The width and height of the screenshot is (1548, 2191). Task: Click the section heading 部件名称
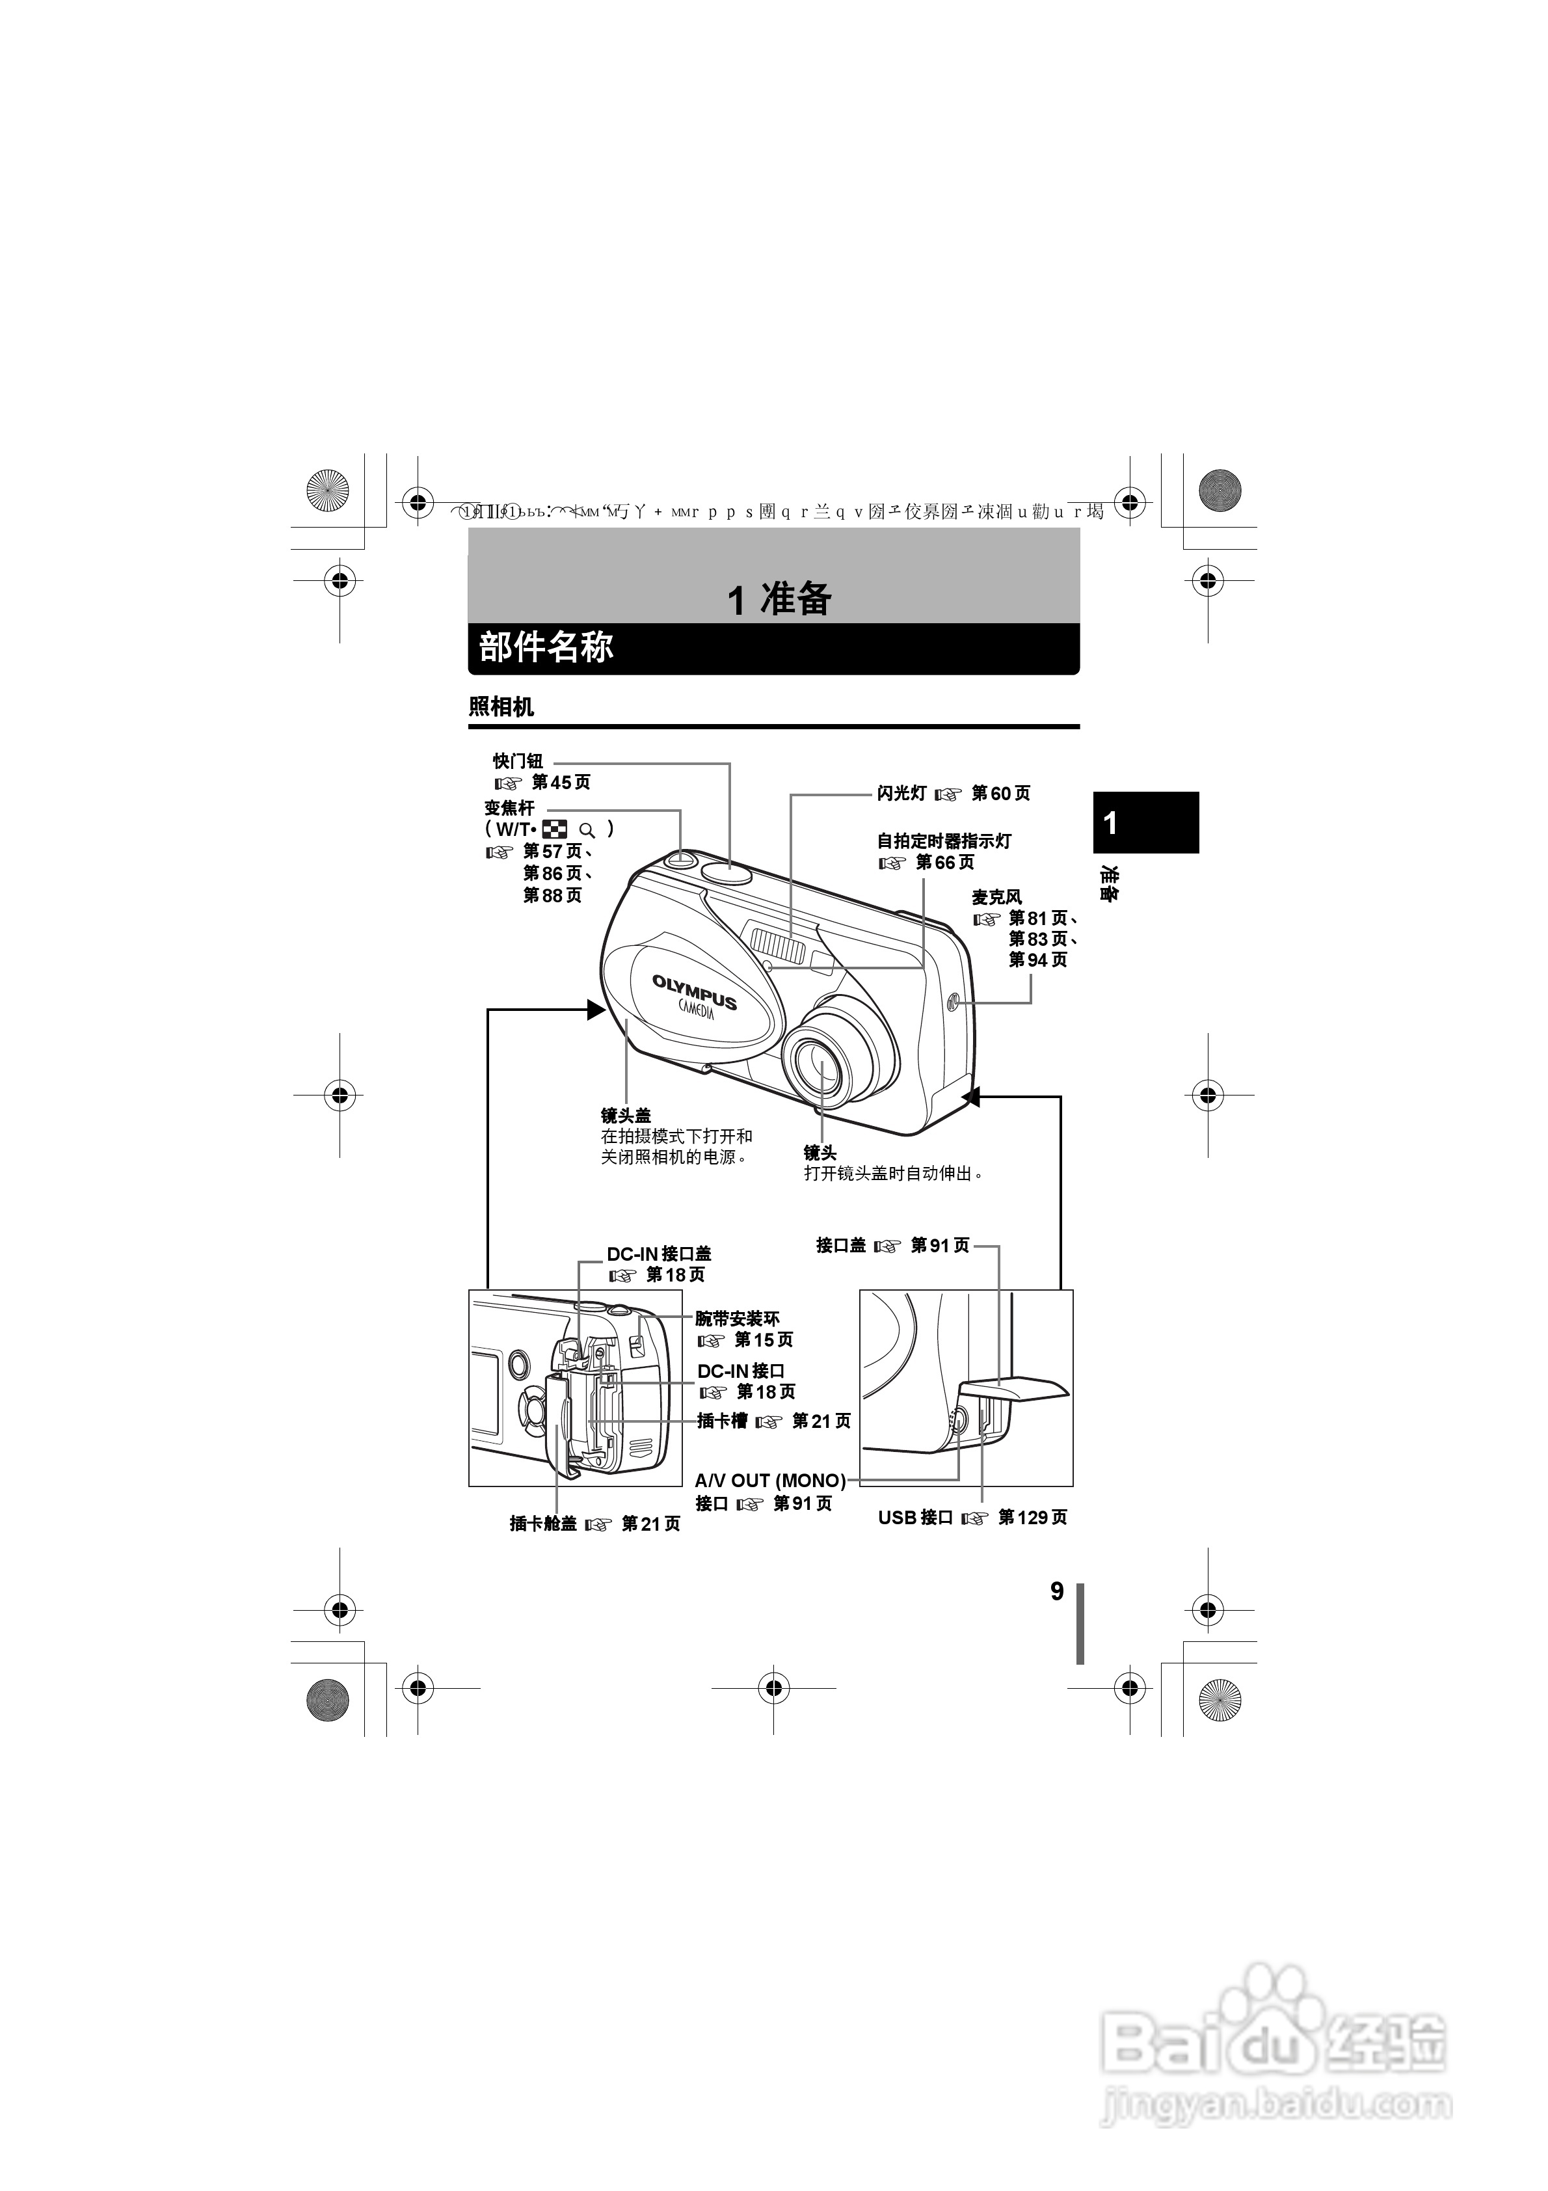pyautogui.click(x=546, y=648)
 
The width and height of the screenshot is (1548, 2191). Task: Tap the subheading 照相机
pyautogui.click(x=501, y=707)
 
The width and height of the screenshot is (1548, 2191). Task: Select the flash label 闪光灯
pyautogui.click(x=901, y=793)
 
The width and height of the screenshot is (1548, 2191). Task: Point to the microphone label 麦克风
pyautogui.click(x=996, y=897)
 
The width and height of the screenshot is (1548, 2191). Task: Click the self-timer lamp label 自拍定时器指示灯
pyautogui.click(x=944, y=840)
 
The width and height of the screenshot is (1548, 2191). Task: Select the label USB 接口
pyautogui.click(x=915, y=1517)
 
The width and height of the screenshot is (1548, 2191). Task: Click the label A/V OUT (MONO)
pyautogui.click(x=770, y=1480)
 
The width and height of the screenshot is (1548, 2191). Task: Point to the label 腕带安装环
pyautogui.click(x=737, y=1319)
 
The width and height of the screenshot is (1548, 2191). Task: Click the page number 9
pyautogui.click(x=1056, y=1591)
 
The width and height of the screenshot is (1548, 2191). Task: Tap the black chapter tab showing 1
pyautogui.click(x=1145, y=822)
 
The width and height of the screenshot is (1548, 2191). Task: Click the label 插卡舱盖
pyautogui.click(x=543, y=1524)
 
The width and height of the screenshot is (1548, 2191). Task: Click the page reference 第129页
pyautogui.click(x=1033, y=1517)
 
